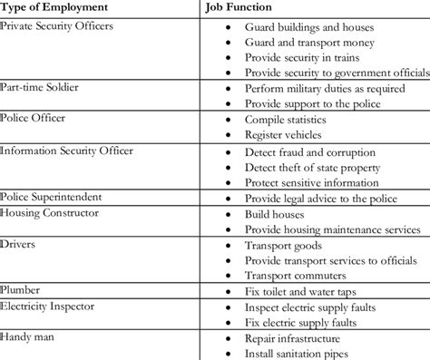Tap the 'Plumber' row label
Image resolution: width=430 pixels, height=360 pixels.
pyautogui.click(x=22, y=290)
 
